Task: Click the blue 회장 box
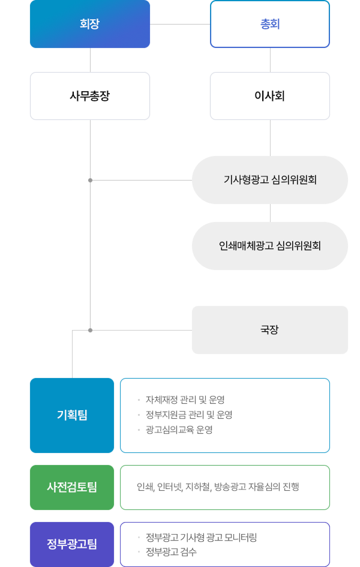tap(90, 24)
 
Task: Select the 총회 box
tap(270, 24)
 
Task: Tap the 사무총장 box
tap(90, 96)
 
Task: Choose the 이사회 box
tap(270, 96)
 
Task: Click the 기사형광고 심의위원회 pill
tap(270, 179)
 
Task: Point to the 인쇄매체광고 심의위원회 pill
tap(270, 245)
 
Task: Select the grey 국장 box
tap(270, 329)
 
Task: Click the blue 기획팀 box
tap(72, 415)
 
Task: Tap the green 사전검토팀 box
tap(72, 487)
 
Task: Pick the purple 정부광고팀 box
tap(72, 544)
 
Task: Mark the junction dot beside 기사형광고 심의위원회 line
tap(90, 180)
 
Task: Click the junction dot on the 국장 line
tap(90, 330)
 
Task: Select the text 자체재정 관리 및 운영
tap(181, 400)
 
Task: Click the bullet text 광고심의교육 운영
tap(175, 430)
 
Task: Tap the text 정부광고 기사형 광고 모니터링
tap(201, 537)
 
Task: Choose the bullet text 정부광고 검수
tap(171, 552)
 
